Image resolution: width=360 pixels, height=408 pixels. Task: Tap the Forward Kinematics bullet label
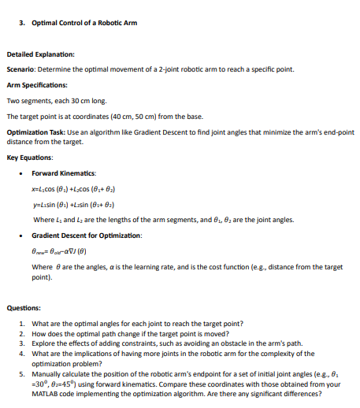point(64,172)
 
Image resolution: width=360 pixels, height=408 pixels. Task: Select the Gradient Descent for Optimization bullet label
point(87,236)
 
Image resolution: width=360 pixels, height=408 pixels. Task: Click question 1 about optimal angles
point(128,325)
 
